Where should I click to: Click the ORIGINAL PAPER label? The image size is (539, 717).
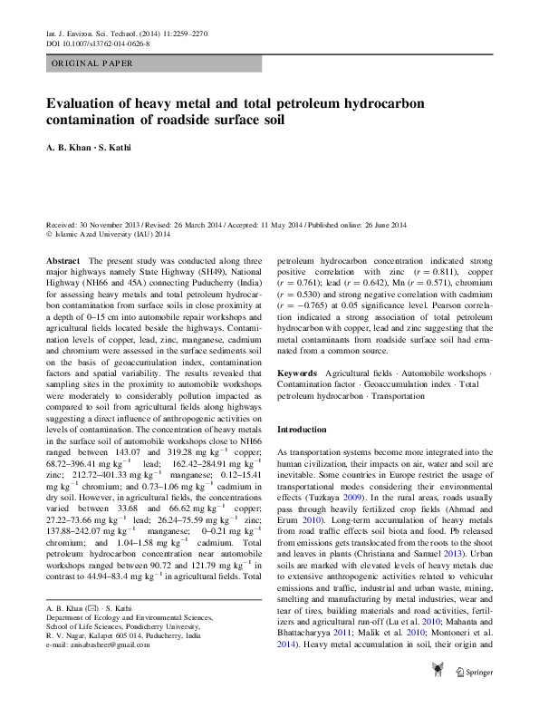(x=92, y=63)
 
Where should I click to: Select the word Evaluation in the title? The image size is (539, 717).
(x=82, y=104)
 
